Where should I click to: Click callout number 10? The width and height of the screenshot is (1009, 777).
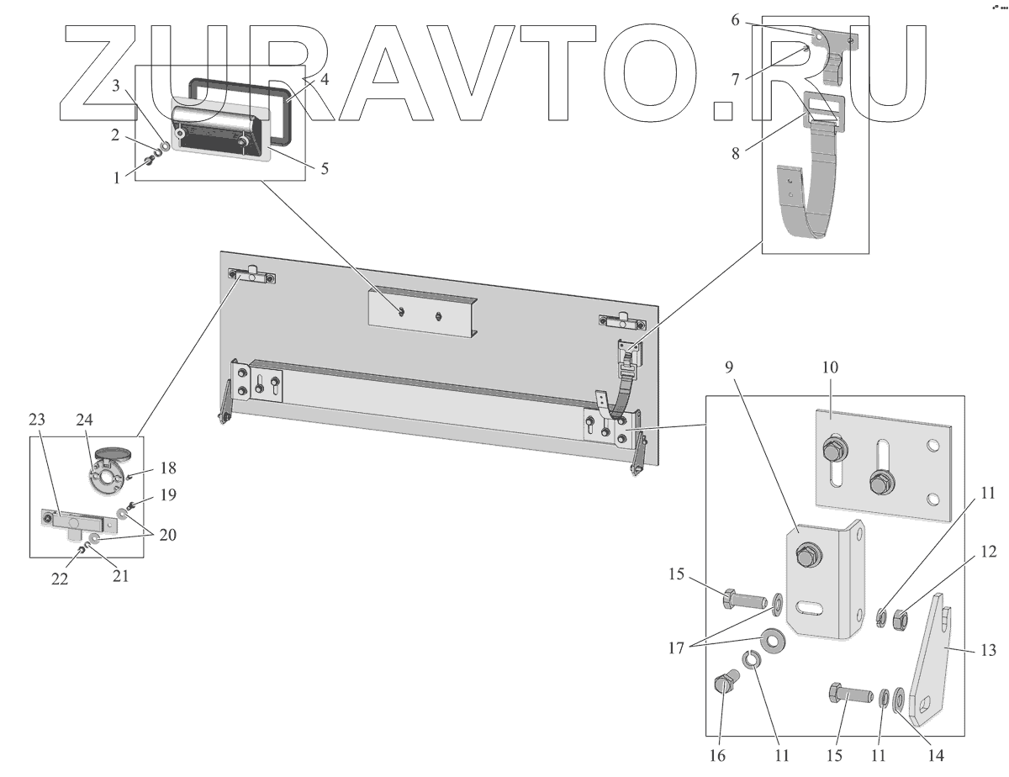click(x=831, y=367)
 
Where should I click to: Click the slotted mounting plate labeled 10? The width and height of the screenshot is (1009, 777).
click(x=883, y=467)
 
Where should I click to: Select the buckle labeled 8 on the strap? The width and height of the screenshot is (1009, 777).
click(x=824, y=108)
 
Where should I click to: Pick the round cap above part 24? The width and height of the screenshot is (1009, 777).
click(x=113, y=454)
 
